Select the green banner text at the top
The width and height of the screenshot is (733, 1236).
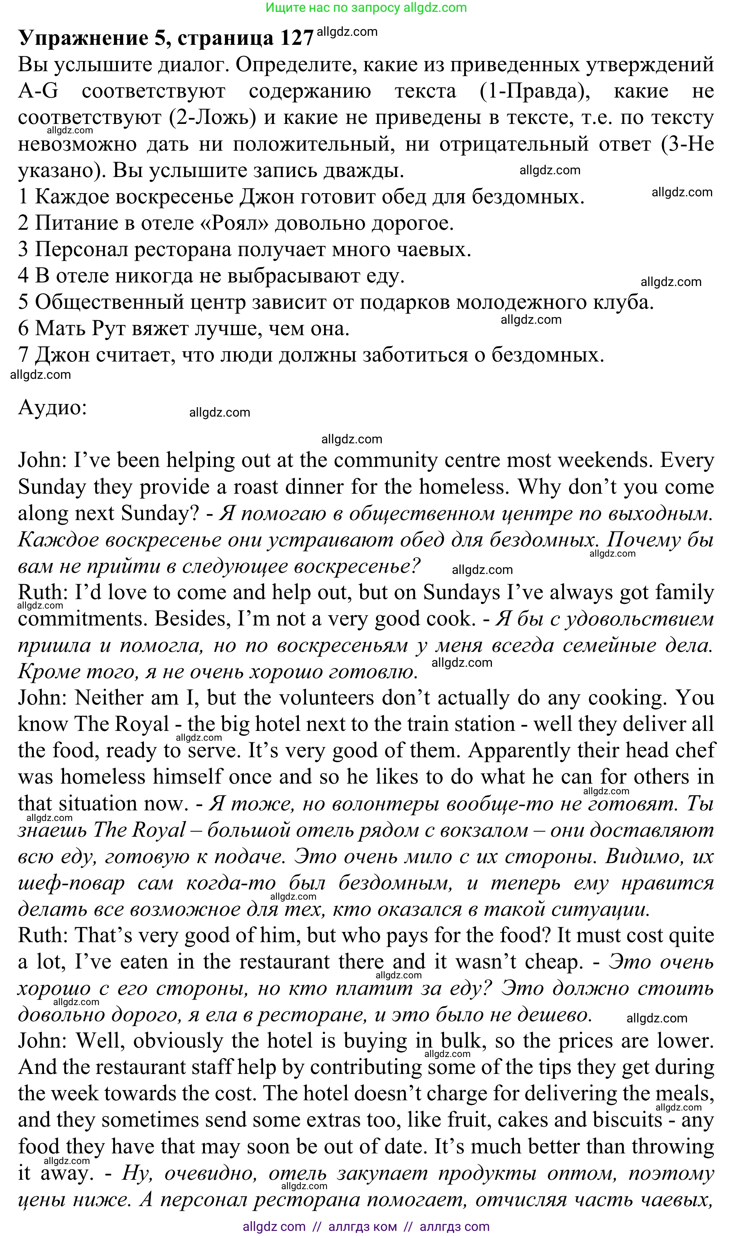point(366,8)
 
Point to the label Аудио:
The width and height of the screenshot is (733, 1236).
point(52,408)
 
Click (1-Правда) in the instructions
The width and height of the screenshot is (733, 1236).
point(534,91)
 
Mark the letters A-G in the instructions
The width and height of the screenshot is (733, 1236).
point(38,91)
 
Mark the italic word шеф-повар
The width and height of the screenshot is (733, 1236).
point(71,883)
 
